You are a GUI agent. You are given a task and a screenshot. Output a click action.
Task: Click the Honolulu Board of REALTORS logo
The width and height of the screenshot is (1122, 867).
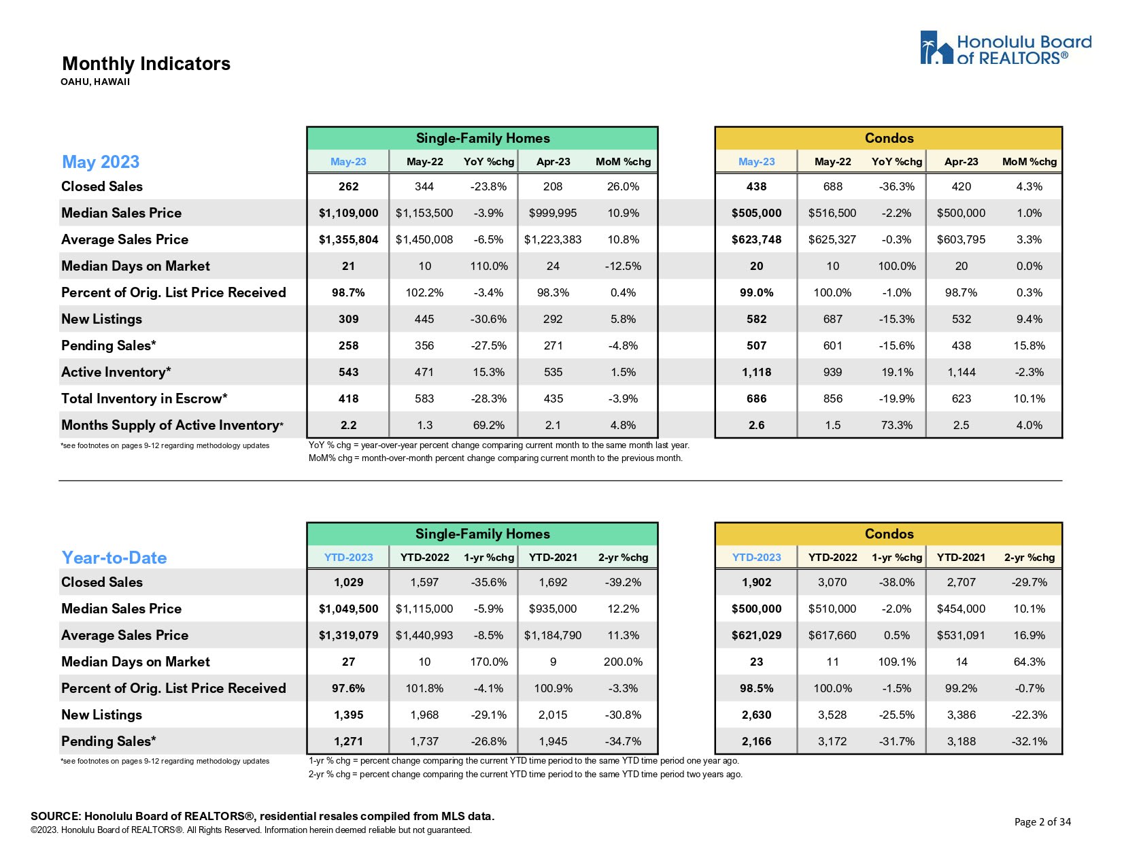pyautogui.click(x=1005, y=48)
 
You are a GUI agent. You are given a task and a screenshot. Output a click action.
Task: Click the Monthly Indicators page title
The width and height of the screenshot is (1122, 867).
pyautogui.click(x=146, y=64)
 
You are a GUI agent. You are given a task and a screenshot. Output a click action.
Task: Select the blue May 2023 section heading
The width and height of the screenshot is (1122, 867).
pyautogui.click(x=101, y=162)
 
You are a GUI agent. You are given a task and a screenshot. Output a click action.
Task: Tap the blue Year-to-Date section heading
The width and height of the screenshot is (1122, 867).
pyautogui.click(x=114, y=558)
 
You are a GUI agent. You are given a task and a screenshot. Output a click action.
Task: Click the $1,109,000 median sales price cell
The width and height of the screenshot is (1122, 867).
pyautogui.click(x=348, y=213)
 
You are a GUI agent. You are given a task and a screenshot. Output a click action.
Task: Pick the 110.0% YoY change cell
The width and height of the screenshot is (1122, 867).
pyautogui.click(x=489, y=266)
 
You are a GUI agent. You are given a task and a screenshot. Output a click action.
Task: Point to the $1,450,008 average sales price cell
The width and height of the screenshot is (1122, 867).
pyautogui.click(x=424, y=239)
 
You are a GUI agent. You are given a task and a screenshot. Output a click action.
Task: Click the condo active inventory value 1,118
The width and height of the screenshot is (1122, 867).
pyautogui.click(x=756, y=372)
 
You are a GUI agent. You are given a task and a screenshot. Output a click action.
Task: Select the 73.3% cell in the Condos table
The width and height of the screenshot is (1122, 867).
pyautogui.click(x=897, y=425)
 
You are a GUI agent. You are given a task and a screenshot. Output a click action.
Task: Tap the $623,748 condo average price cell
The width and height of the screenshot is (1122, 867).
pyautogui.click(x=756, y=239)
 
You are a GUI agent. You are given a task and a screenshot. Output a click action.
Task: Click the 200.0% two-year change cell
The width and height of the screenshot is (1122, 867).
pyautogui.click(x=623, y=662)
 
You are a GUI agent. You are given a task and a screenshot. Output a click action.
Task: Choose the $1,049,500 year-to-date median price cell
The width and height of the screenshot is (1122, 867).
pyautogui.click(x=348, y=609)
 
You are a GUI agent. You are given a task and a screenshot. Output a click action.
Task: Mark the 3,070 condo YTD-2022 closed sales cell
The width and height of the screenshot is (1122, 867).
pyautogui.click(x=832, y=582)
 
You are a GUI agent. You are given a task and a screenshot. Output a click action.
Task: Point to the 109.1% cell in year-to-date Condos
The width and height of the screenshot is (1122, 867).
pyautogui.click(x=897, y=662)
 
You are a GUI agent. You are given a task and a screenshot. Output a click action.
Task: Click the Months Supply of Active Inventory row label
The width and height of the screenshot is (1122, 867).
pyautogui.click(x=172, y=425)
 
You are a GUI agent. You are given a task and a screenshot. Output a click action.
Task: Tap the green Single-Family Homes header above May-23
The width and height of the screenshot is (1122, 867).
pyautogui.click(x=483, y=138)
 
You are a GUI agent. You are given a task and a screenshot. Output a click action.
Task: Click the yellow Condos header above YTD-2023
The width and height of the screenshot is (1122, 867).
pyautogui.click(x=889, y=534)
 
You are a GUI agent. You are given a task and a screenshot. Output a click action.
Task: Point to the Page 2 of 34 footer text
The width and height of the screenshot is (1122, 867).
pyautogui.click(x=1042, y=821)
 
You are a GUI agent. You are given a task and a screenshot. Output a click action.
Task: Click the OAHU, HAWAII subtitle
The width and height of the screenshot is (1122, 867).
pyautogui.click(x=95, y=82)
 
